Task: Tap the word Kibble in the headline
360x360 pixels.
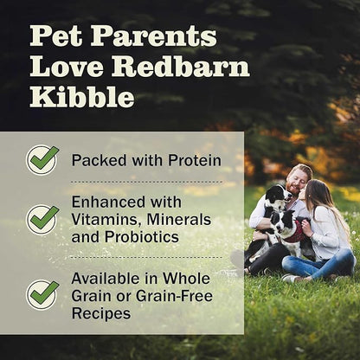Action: (82, 97)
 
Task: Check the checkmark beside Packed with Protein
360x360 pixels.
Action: (42, 160)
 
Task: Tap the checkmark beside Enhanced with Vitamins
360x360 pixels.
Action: (42, 218)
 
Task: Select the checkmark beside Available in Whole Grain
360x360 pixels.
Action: (42, 294)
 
